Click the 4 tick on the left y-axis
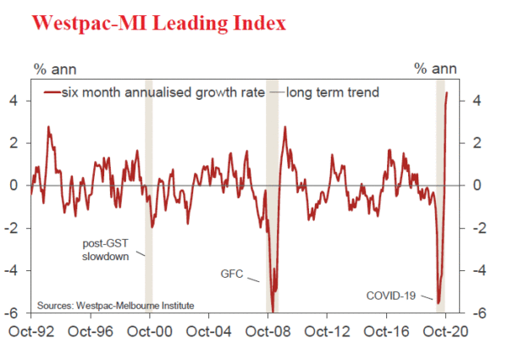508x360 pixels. pos(19,101)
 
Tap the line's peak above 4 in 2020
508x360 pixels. pos(447,93)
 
